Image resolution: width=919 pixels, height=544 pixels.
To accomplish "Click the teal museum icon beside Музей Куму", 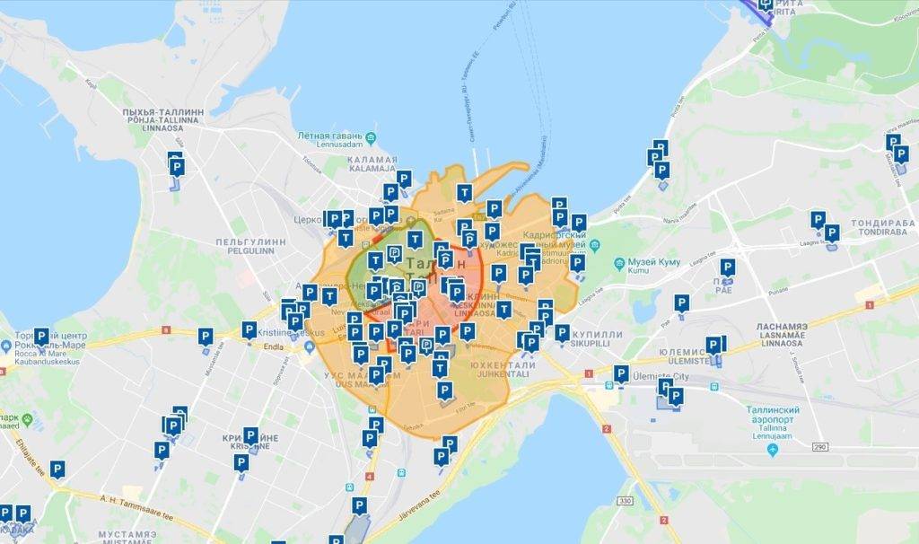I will click(619, 265).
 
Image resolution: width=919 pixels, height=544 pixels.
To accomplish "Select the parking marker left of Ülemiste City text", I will click(620, 374).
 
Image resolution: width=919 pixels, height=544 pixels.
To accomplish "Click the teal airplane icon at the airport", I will click(773, 446).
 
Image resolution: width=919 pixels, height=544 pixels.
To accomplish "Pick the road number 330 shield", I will click(626, 500).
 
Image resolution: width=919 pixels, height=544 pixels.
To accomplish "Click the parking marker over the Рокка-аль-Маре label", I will click(40, 337).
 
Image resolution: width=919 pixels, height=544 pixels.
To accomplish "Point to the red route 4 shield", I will click(371, 477).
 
